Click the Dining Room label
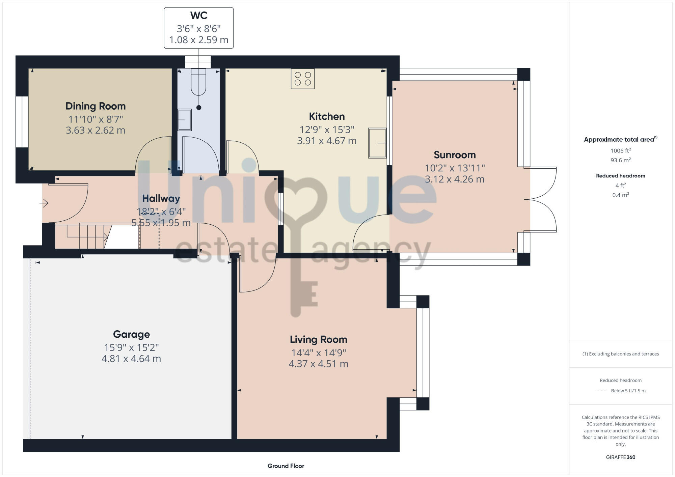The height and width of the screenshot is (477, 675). [96, 106]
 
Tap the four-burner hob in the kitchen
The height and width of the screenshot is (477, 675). [303, 79]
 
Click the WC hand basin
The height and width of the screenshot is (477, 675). [185, 120]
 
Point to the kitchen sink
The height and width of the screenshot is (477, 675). [377, 143]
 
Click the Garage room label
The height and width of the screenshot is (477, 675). [131, 334]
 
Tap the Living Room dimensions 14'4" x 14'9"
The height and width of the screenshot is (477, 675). [319, 353]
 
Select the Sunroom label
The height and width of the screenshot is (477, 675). [455, 155]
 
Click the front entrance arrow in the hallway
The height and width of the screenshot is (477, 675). [44, 203]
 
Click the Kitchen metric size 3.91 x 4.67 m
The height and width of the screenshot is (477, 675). [327, 141]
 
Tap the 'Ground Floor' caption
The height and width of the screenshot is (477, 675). [286, 466]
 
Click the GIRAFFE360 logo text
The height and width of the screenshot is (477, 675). [620, 457]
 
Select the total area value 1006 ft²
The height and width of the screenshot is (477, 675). [620, 151]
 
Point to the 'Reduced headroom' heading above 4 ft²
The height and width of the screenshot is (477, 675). [620, 176]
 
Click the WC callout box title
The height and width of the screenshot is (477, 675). [199, 16]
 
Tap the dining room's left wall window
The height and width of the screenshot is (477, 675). [22, 122]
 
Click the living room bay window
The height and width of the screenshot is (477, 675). [423, 353]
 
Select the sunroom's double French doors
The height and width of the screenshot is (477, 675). [540, 199]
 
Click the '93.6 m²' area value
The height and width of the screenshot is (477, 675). [620, 160]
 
